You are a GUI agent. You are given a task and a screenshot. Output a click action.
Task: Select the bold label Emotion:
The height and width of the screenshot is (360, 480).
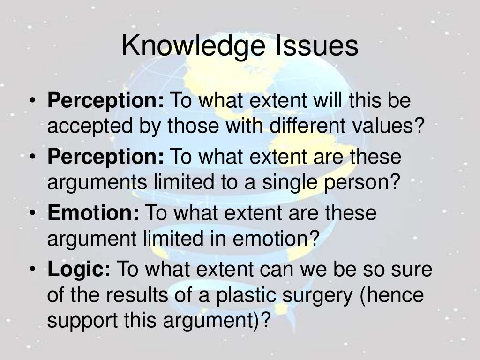tap(93, 213)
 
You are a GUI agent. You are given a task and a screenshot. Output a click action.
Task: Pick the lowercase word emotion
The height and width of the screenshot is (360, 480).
tap(269, 239)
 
